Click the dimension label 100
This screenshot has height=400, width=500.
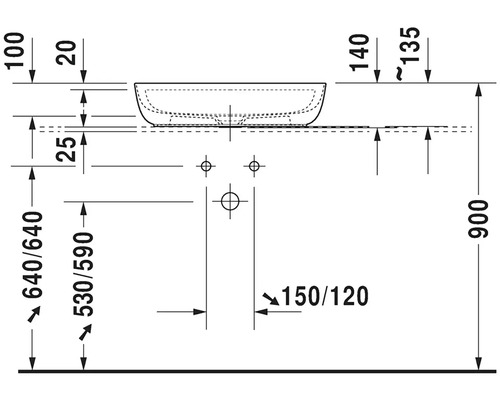[x=16, y=51]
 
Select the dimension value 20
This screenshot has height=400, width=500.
[x=66, y=52]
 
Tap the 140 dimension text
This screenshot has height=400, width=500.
[x=360, y=53]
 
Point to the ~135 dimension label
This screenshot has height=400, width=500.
[x=407, y=53]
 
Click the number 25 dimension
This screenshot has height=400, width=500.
[x=66, y=149]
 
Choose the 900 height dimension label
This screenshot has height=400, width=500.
[x=478, y=219]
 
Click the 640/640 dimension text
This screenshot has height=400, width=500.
[x=33, y=255]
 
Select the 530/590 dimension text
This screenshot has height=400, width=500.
[x=83, y=274]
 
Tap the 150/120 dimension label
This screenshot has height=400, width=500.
[x=325, y=296]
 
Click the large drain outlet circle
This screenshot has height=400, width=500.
[x=230, y=193]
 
